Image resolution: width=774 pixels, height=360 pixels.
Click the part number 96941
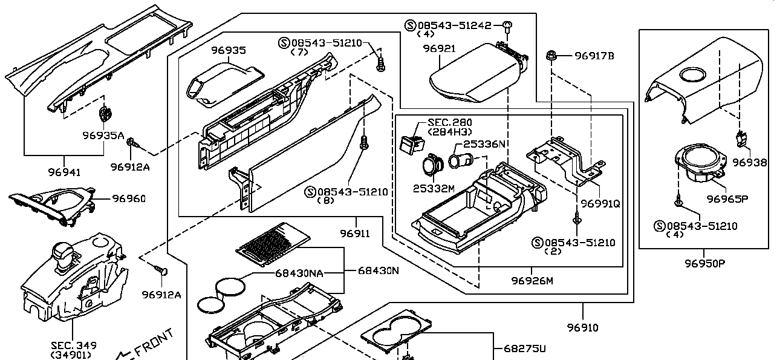64,172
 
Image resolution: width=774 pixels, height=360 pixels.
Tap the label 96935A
103,135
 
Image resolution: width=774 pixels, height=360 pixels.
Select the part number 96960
129,198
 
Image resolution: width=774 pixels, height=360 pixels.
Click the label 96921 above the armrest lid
440,48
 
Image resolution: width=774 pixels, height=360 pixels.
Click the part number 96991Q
600,204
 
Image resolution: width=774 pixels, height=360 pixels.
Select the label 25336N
484,144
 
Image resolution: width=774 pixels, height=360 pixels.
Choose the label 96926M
532,281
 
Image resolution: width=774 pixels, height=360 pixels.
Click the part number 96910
582,327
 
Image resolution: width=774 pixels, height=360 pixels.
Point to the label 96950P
705,264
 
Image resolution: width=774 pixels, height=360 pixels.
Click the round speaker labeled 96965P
700,162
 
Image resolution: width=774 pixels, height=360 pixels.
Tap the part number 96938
749,162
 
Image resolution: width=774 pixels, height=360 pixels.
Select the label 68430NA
299,273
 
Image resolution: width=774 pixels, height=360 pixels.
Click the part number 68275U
524,349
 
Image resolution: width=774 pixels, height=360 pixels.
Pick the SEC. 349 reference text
74,345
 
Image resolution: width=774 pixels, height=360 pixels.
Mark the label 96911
355,234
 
